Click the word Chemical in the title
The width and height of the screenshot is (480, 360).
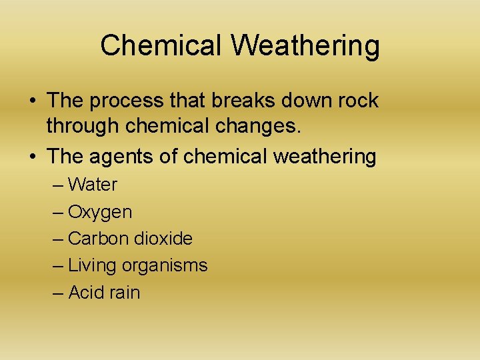pyautogui.click(x=161, y=46)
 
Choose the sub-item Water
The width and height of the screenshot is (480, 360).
pyautogui.click(x=93, y=185)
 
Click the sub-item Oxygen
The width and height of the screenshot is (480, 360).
pyautogui.click(x=100, y=213)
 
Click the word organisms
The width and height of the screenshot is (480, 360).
pyautogui.click(x=165, y=266)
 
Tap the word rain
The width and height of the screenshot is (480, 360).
pyautogui.click(x=125, y=293)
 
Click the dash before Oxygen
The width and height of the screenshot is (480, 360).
pyautogui.click(x=58, y=213)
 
